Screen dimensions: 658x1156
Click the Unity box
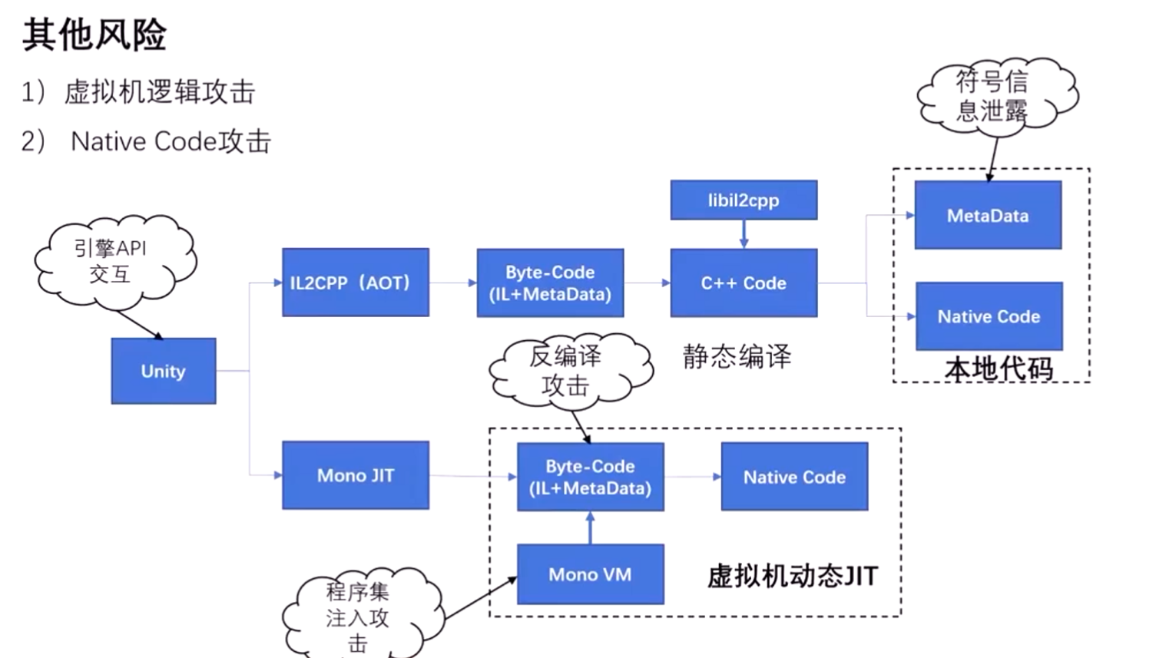(x=163, y=371)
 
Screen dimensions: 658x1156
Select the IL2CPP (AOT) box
(x=355, y=283)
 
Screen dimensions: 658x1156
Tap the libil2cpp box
(x=743, y=200)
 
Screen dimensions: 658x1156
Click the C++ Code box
(x=743, y=283)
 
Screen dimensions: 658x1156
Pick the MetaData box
(x=988, y=216)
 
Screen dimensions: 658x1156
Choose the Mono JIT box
(x=355, y=475)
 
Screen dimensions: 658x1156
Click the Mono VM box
(x=590, y=574)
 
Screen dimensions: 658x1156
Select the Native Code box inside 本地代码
(x=989, y=316)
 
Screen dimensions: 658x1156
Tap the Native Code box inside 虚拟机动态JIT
(x=794, y=477)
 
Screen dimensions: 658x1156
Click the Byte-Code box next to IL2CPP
(x=550, y=283)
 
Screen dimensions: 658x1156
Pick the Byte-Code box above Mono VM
(x=590, y=477)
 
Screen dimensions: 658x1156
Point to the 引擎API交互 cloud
(x=111, y=261)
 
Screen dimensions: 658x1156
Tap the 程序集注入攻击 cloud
(x=358, y=614)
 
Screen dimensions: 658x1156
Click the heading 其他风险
(x=94, y=35)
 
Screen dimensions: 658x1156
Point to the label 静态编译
(x=736, y=356)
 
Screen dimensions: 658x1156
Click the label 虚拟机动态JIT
(x=792, y=576)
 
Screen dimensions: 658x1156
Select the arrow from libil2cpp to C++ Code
(x=743, y=234)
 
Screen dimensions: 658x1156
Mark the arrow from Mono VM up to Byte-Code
(x=590, y=527)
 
